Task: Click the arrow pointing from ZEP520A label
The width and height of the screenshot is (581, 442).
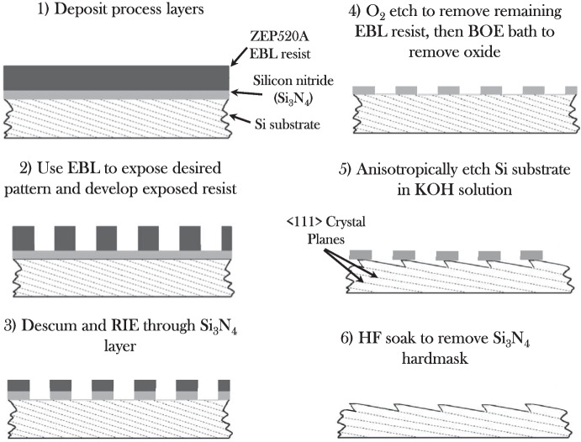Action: (243, 56)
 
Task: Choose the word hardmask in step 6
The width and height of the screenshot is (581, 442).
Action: (453, 366)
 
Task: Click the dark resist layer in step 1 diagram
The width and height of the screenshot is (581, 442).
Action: (117, 76)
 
